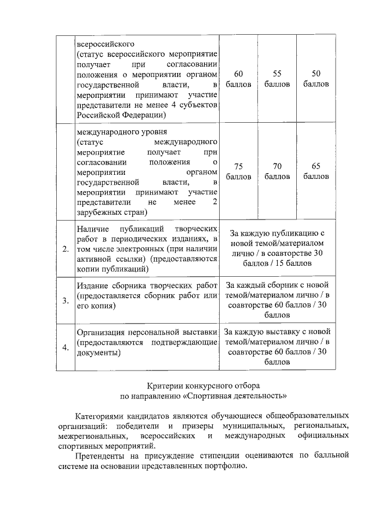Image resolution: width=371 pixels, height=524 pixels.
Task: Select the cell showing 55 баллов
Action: (x=277, y=79)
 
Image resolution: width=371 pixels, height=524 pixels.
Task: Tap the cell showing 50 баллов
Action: (x=316, y=79)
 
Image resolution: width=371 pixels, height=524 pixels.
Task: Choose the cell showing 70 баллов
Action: (x=277, y=171)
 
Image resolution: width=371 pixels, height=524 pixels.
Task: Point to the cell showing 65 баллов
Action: (x=316, y=171)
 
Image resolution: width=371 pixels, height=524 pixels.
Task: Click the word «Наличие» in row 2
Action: (x=93, y=229)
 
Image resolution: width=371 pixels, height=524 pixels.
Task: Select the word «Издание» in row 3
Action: (x=93, y=285)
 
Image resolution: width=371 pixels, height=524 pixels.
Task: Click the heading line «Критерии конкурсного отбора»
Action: (x=203, y=386)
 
